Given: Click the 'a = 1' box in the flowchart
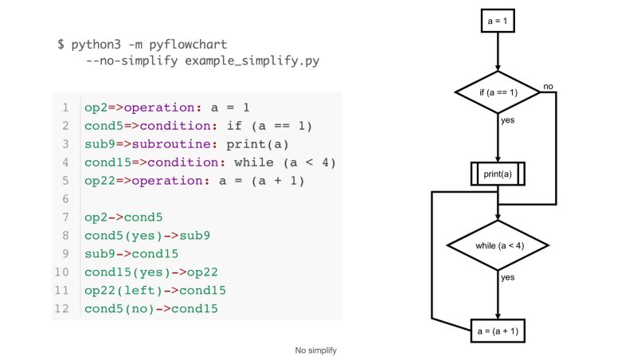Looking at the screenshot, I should (498, 20).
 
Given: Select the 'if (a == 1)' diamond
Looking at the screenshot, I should (498, 92).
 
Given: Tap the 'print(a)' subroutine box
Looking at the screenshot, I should (498, 174).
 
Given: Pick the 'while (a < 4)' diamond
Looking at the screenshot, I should (498, 245).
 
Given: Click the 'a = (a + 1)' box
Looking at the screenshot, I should (498, 329).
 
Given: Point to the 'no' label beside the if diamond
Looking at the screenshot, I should (548, 85).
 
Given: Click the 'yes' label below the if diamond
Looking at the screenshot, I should (507, 120).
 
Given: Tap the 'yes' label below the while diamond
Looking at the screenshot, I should (507, 277).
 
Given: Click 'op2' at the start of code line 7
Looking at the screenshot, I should (96, 217).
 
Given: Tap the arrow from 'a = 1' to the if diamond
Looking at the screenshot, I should (498, 52).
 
